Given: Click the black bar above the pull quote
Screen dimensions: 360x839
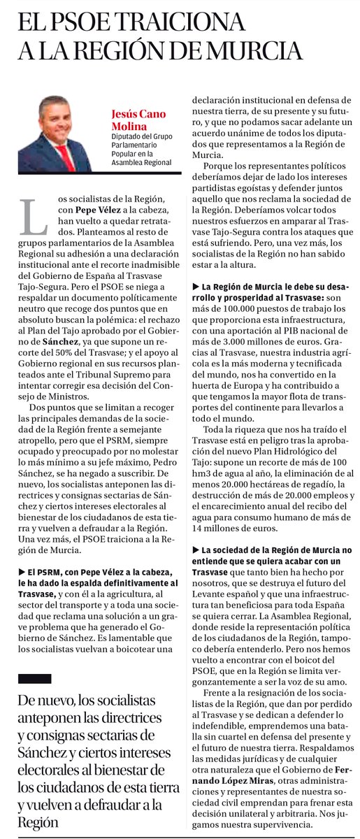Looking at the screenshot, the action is tap(34, 678).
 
